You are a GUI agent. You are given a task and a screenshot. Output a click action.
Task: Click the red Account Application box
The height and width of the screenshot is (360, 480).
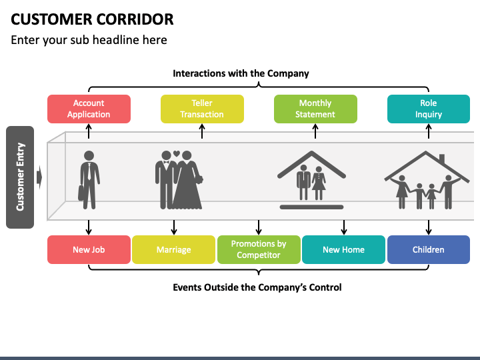pyautogui.click(x=89, y=109)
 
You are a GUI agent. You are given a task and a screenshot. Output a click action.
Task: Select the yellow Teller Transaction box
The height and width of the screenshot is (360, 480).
pyautogui.click(x=202, y=109)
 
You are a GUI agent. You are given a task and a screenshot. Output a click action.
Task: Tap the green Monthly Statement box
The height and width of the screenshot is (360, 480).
pyautogui.click(x=315, y=109)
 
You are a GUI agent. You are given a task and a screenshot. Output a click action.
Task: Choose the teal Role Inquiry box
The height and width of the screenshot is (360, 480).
pyautogui.click(x=428, y=109)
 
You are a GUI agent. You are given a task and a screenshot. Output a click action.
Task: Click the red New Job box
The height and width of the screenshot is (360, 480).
pyautogui.click(x=89, y=250)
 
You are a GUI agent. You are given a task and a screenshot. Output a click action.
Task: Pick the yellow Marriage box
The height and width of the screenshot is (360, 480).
pyautogui.click(x=173, y=250)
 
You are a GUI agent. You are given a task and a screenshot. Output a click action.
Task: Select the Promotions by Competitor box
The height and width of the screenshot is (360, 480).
pyautogui.click(x=259, y=250)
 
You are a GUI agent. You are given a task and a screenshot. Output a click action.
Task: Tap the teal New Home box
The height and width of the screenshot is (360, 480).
pyautogui.click(x=343, y=250)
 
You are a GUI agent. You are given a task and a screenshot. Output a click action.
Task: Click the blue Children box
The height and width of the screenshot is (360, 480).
pyautogui.click(x=428, y=250)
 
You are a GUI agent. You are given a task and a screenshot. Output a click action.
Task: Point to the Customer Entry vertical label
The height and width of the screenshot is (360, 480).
pyautogui.click(x=20, y=177)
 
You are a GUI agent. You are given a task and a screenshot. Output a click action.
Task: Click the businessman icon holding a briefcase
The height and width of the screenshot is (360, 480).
pyautogui.click(x=89, y=179)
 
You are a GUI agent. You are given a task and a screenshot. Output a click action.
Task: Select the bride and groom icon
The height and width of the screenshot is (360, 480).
pyautogui.click(x=179, y=180)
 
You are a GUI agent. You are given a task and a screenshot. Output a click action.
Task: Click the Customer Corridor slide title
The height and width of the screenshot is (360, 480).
pyautogui.click(x=93, y=19)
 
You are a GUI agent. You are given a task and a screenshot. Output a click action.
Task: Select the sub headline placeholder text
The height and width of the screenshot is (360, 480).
pyautogui.click(x=89, y=40)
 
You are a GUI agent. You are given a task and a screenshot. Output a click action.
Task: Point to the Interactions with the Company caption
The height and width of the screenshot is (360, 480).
pyautogui.click(x=241, y=73)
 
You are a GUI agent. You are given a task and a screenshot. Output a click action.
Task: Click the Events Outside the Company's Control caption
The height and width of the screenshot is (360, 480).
pyautogui.click(x=257, y=287)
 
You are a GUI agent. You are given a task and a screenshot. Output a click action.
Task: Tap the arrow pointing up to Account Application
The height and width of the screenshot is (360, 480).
pyautogui.click(x=89, y=131)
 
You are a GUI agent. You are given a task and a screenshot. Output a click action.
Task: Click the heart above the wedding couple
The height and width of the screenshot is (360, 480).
pyautogui.click(x=177, y=154)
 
